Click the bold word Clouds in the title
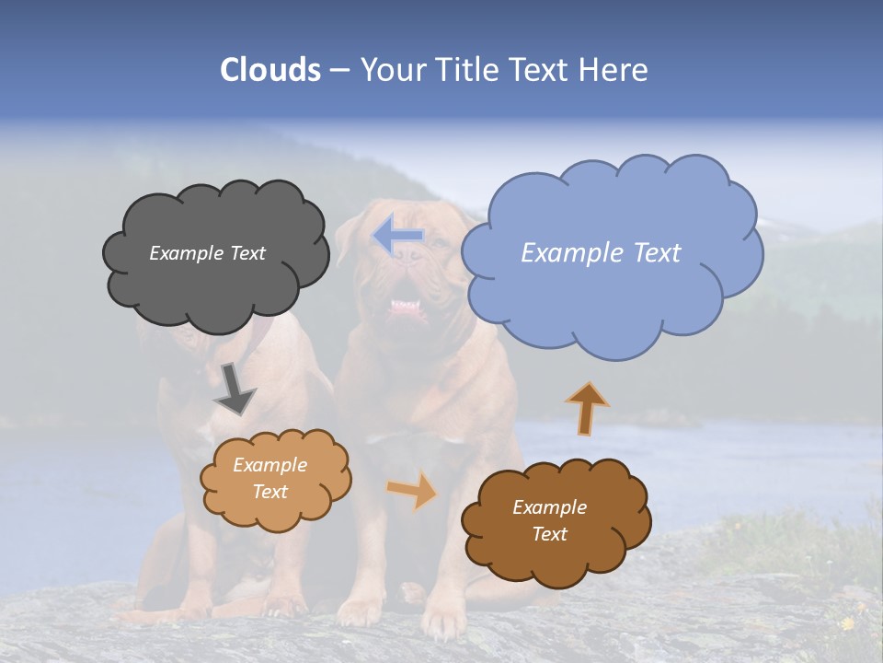click(x=270, y=70)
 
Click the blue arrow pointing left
click(x=398, y=237)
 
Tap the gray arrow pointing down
click(x=234, y=389)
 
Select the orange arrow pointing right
click(x=413, y=490)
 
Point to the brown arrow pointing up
click(x=587, y=408)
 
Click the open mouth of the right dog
click(x=405, y=306)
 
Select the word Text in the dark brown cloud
click(x=549, y=534)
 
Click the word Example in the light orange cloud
click(x=269, y=465)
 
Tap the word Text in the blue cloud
click(x=656, y=253)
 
